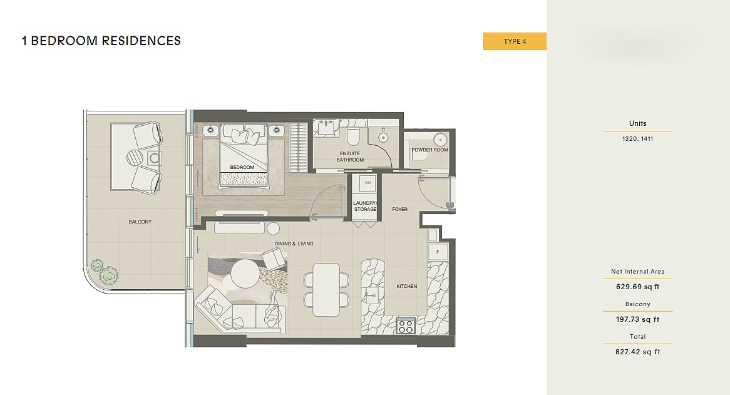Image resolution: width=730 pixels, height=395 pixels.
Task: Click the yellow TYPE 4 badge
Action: (515, 41)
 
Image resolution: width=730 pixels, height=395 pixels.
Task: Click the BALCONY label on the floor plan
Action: (140, 222)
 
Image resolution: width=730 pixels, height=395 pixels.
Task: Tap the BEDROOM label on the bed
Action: (242, 167)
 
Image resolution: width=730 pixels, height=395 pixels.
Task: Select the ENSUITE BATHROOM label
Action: (350, 156)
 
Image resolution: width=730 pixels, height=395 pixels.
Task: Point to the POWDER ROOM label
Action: (429, 150)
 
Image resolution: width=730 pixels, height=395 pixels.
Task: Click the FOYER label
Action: (400, 209)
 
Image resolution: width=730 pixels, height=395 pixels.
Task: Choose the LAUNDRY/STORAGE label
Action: (365, 206)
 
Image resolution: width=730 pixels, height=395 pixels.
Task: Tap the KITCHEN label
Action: (407, 286)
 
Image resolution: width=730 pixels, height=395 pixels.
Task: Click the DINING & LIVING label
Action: (294, 244)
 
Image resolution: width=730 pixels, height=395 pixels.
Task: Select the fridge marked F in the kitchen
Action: (438, 252)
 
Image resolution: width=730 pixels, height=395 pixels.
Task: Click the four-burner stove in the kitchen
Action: (406, 326)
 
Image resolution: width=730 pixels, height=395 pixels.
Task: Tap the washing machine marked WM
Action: (368, 183)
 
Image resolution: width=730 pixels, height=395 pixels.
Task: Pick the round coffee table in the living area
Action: (245, 274)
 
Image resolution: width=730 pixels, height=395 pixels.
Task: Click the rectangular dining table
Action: (326, 290)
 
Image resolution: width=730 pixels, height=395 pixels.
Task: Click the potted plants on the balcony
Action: (105, 273)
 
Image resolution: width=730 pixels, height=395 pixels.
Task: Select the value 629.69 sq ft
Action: (637, 287)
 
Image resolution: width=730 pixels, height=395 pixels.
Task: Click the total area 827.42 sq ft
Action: (637, 352)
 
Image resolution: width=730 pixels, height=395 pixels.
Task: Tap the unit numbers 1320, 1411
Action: (637, 138)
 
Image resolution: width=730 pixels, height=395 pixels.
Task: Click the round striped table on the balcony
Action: (135, 157)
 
